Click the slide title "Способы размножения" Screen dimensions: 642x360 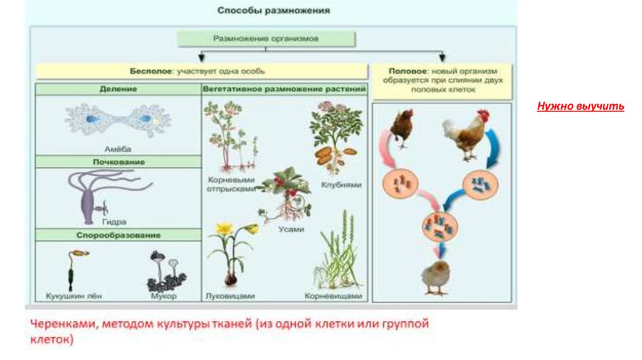tap(273, 11)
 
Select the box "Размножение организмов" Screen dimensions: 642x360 tap(266, 38)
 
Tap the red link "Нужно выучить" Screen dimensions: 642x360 tap(581, 106)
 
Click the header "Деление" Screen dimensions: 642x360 tap(118, 89)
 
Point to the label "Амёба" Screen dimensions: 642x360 tap(117, 149)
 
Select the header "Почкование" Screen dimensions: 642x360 tap(118, 162)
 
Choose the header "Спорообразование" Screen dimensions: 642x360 tap(118, 235)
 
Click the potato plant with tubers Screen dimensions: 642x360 tap(335, 138)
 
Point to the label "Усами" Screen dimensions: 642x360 tap(291, 230)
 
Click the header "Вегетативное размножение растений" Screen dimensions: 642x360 tap(284, 89)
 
